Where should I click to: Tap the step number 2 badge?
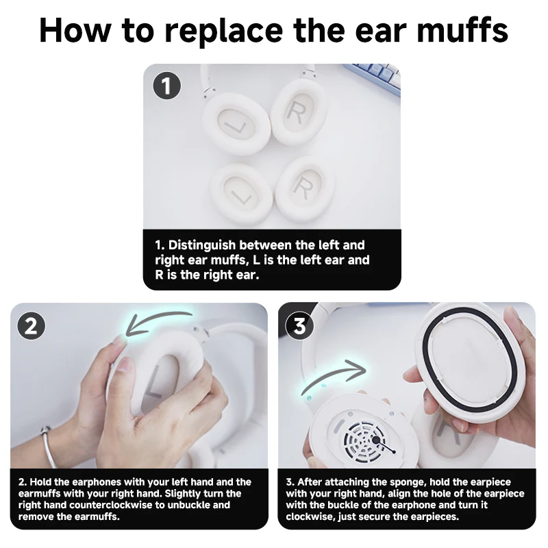[31, 326]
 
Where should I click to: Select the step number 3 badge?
[299, 326]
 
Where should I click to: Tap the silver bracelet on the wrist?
[48, 446]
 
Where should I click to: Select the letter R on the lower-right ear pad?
[302, 185]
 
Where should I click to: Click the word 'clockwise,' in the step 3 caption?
[312, 516]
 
